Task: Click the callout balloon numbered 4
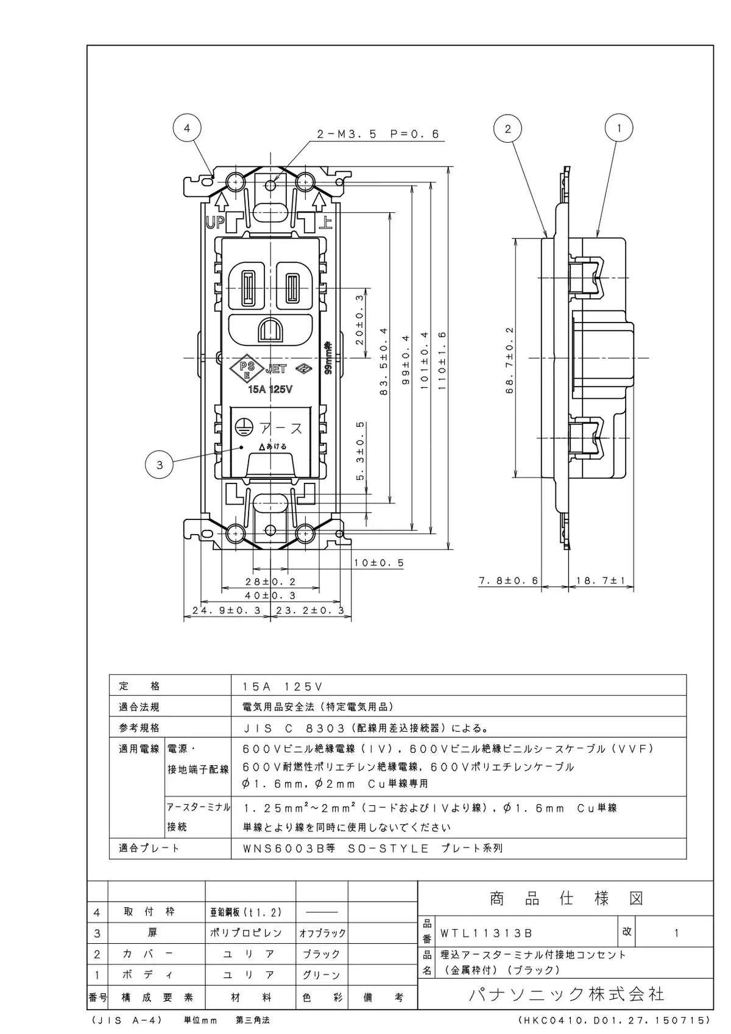(187, 128)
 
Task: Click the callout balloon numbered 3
(159, 465)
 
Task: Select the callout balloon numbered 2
(507, 128)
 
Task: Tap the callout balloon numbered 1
(618, 128)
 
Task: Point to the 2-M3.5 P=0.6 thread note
(378, 134)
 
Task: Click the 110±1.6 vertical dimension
(442, 360)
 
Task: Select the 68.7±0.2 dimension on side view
(510, 360)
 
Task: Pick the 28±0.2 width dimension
(270, 582)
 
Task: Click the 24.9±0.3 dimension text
(227, 610)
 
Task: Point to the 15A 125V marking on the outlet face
(270, 389)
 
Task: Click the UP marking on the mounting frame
(215, 223)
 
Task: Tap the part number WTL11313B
(486, 933)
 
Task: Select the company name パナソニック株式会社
(567, 993)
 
